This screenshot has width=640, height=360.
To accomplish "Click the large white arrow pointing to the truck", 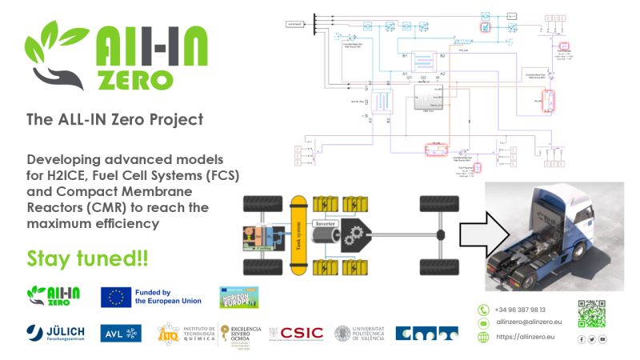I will pyautogui.click(x=482, y=234).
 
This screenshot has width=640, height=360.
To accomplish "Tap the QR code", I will pyautogui.click(x=591, y=314).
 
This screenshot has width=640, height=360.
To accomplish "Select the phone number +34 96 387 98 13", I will pyautogui.click(x=520, y=310).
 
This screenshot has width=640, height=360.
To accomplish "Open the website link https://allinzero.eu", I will pyautogui.click(x=525, y=337).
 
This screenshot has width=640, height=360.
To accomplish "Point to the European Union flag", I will pyautogui.click(x=115, y=297).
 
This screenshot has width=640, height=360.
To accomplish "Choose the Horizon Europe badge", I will pyautogui.click(x=238, y=296).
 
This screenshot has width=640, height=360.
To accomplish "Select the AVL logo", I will pyautogui.click(x=121, y=333).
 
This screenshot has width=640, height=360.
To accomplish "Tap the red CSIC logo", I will pyautogui.click(x=296, y=333).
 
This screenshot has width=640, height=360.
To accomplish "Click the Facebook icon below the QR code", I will pyautogui.click(x=580, y=339).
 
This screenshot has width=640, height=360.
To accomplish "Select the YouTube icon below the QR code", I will pyautogui.click(x=602, y=339).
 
